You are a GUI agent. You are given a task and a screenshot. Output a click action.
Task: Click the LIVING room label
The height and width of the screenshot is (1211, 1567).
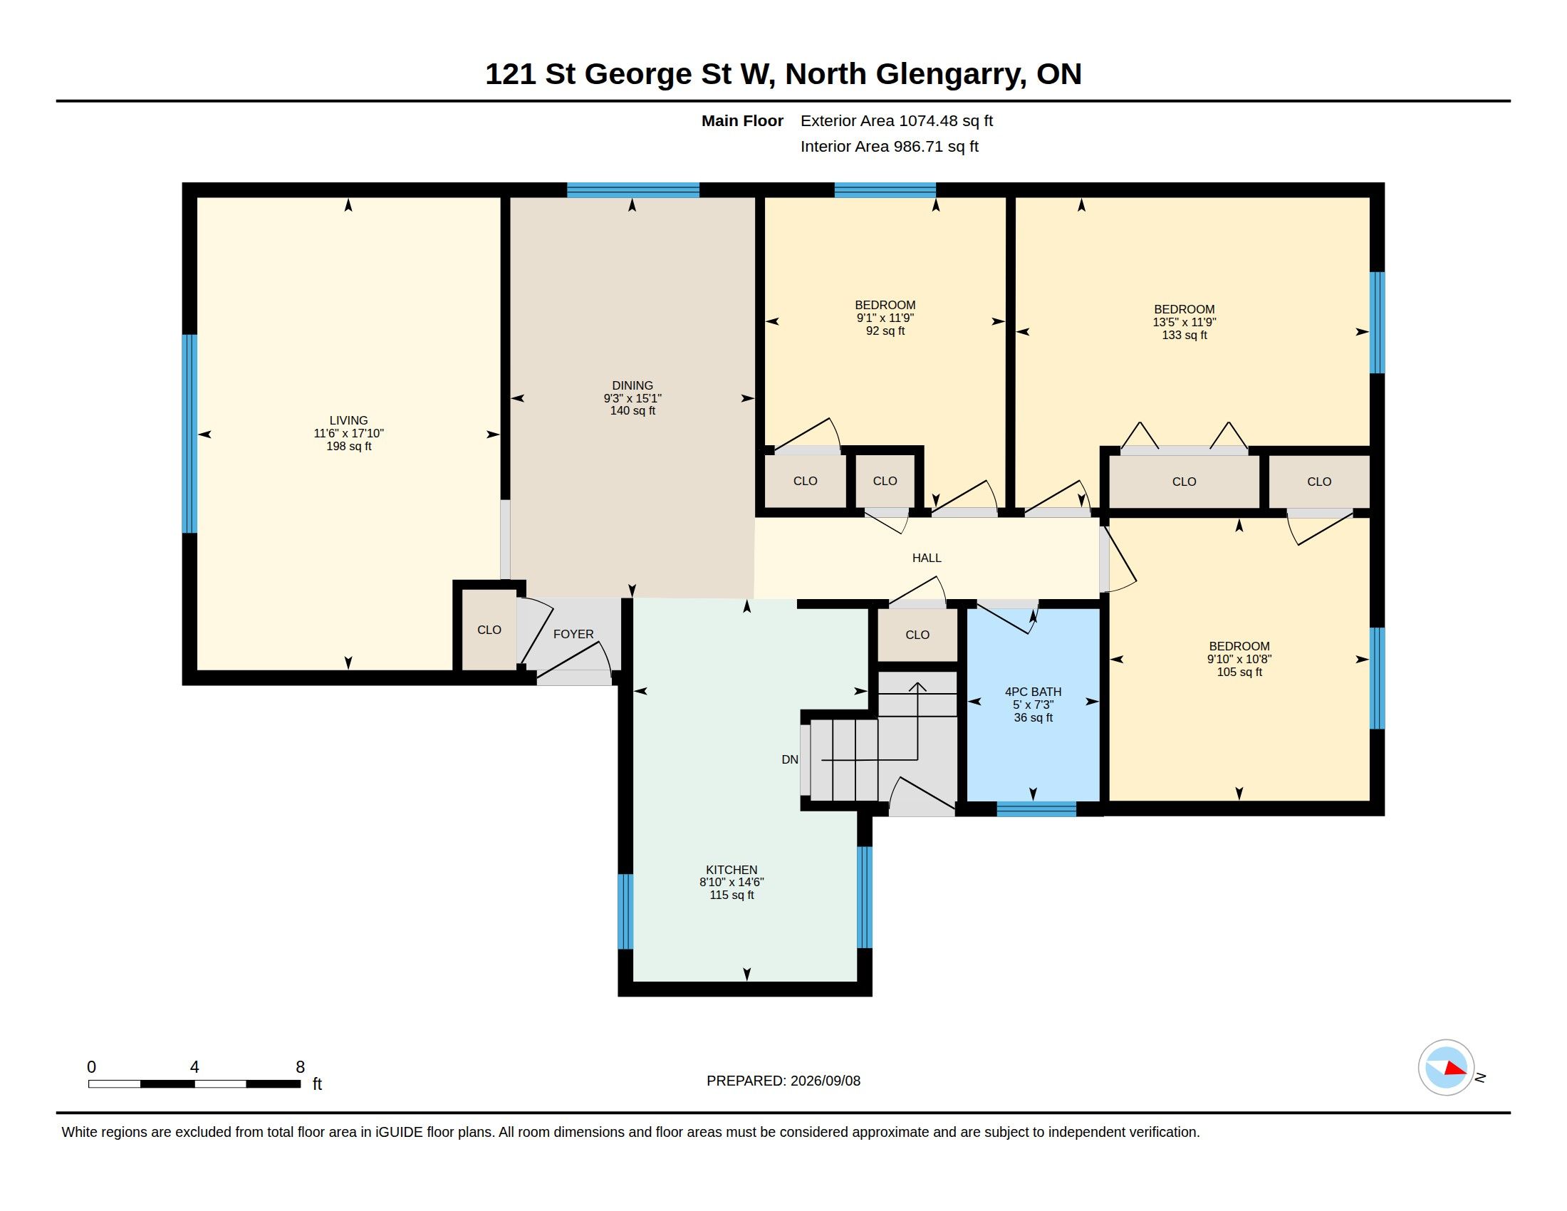click(349, 420)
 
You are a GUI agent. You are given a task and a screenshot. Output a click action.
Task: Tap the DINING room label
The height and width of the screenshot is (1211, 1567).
click(632, 385)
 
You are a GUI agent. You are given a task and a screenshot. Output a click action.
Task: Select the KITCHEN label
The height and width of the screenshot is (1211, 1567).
click(732, 870)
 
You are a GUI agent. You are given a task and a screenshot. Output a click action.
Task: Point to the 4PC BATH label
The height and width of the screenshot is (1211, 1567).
click(1034, 692)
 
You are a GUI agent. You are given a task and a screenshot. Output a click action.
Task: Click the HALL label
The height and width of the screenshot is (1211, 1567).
click(926, 558)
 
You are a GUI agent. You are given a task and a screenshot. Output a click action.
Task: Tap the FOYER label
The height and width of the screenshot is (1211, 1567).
click(573, 634)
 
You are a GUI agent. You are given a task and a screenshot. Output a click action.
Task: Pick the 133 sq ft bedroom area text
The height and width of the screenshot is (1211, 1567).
click(1185, 335)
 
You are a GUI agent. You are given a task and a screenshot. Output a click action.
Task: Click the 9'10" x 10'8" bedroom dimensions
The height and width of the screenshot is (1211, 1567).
click(1239, 659)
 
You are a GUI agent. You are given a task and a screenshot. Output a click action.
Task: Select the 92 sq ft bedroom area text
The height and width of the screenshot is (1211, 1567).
click(885, 331)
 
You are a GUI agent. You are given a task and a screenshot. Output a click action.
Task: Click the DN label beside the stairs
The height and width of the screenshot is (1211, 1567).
click(790, 759)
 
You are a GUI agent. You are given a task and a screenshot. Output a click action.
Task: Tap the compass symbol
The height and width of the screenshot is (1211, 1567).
click(1447, 1068)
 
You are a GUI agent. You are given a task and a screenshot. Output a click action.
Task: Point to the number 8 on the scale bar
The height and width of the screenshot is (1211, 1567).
click(300, 1067)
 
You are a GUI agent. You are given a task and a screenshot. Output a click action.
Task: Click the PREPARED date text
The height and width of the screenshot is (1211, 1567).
click(783, 1081)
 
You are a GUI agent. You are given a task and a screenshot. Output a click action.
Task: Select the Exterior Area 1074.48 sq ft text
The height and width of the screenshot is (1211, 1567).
click(897, 120)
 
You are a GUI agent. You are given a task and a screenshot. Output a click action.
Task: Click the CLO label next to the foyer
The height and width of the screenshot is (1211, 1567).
click(489, 630)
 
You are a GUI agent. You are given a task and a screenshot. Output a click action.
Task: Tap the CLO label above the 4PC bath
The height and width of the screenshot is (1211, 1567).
click(917, 635)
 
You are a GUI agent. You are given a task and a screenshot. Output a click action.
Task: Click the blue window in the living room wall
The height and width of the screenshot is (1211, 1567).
click(189, 434)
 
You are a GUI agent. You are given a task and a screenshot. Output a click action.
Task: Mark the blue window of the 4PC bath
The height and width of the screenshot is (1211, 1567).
click(1037, 809)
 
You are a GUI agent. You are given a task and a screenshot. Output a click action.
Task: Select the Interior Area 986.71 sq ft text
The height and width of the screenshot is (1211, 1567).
click(890, 146)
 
